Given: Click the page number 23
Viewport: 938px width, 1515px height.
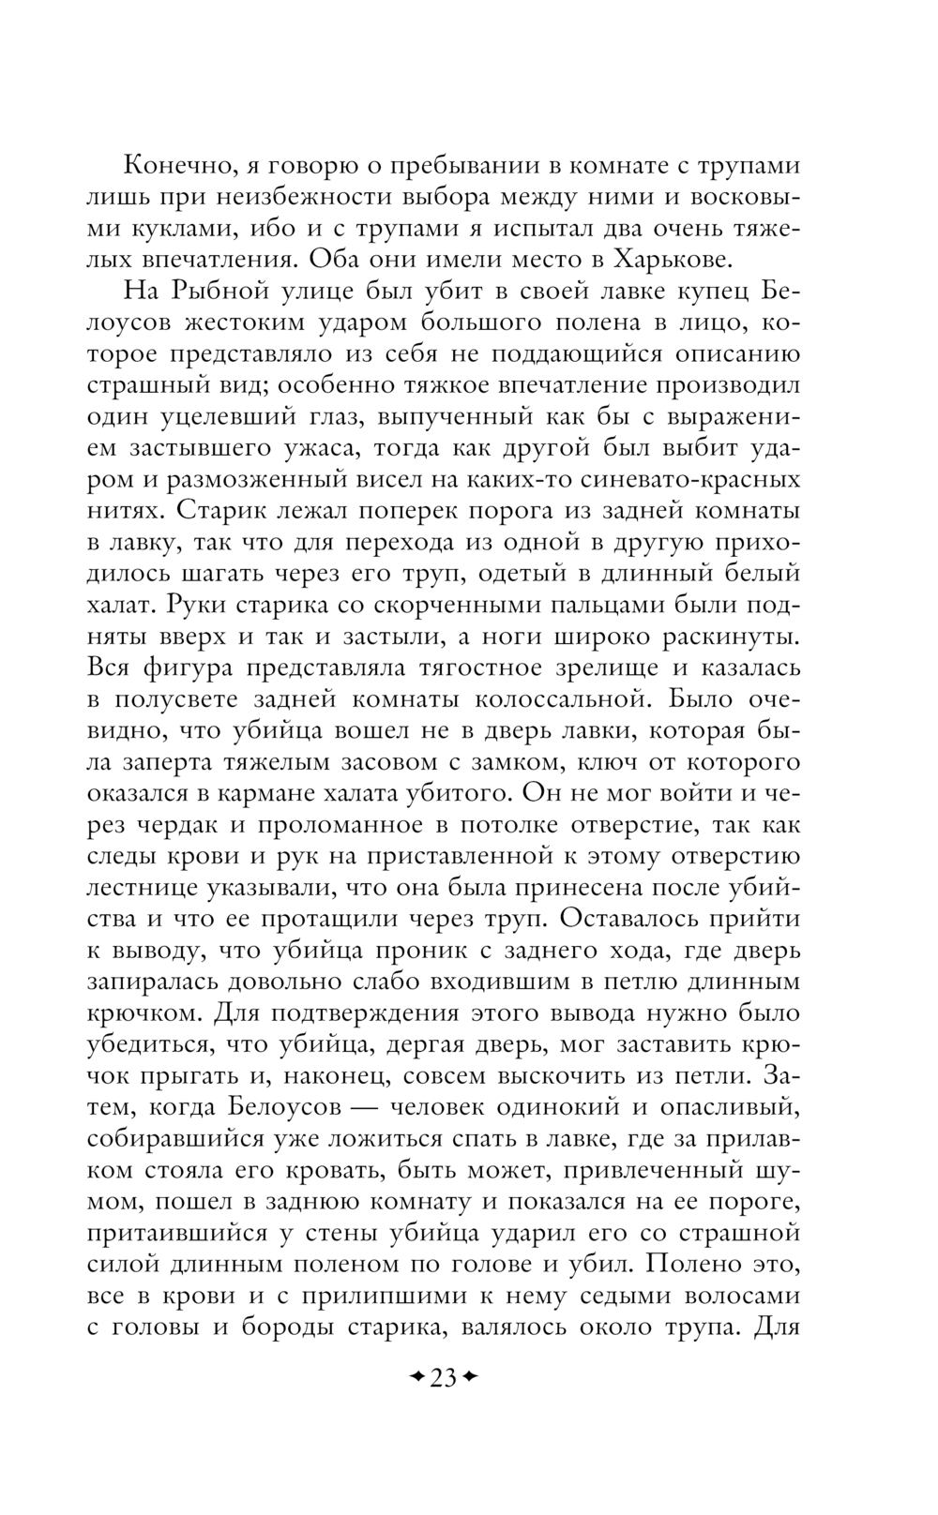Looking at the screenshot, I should pyautogui.click(x=443, y=1378).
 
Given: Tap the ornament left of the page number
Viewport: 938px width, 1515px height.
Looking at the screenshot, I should pyautogui.click(x=416, y=1378).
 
